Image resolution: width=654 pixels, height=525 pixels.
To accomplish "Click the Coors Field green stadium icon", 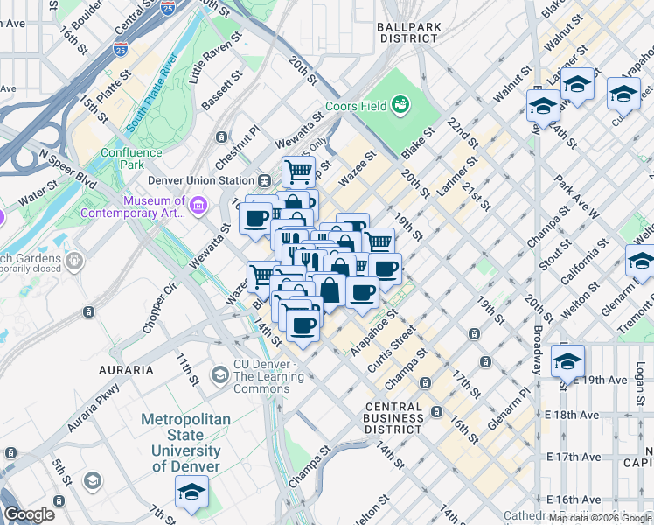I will [401, 106].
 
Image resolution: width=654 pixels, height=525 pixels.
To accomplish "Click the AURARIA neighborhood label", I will [126, 370].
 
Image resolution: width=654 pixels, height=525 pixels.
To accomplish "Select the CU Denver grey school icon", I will [219, 376].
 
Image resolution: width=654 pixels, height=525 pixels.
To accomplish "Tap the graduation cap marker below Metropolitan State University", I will [192, 493].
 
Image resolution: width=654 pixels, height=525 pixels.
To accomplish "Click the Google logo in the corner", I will [29, 514].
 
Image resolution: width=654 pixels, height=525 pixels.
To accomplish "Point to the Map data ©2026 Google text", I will [600, 517].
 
